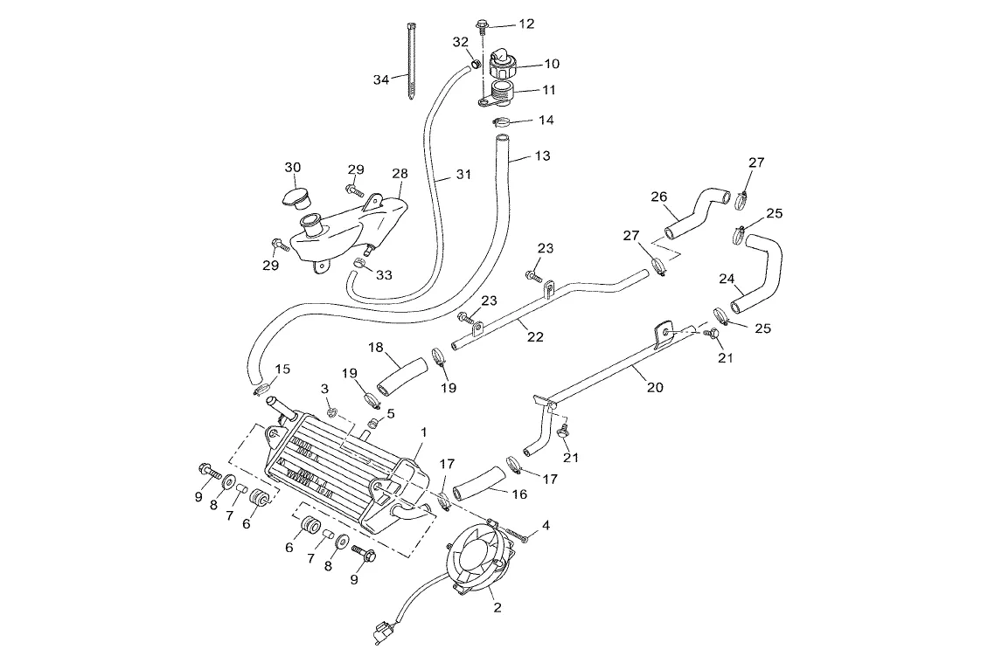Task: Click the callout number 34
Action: point(381,79)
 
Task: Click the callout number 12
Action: point(526,24)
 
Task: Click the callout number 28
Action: point(400,174)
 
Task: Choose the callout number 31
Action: point(463,174)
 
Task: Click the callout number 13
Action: point(543,156)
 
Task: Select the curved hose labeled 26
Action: point(699,212)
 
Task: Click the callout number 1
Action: point(424,432)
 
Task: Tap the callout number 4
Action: point(546,525)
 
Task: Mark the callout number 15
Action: point(282,368)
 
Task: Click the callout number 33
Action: point(385,274)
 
